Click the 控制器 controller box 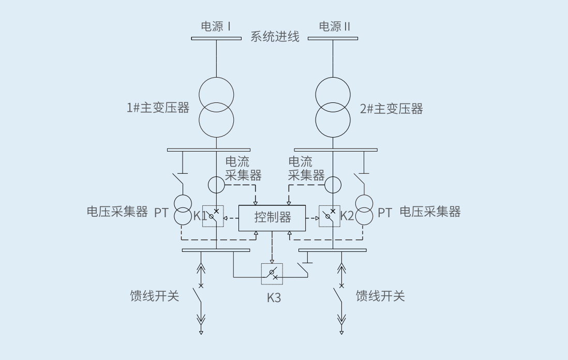[x=272, y=218]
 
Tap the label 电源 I [x=216, y=26]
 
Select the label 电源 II [x=334, y=26]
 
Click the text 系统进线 [x=275, y=37]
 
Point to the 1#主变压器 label [x=158, y=108]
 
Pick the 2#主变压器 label [x=391, y=109]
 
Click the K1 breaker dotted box [x=213, y=216]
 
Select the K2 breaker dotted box [x=330, y=216]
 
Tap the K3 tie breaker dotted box [x=272, y=274]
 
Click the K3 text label [x=274, y=298]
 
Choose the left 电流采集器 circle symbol [x=216, y=184]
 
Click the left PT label [x=161, y=213]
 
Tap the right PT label [x=385, y=213]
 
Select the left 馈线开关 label [x=154, y=296]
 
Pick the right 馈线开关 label [x=380, y=296]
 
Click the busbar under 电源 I [x=216, y=38]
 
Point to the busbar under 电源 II [x=333, y=38]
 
